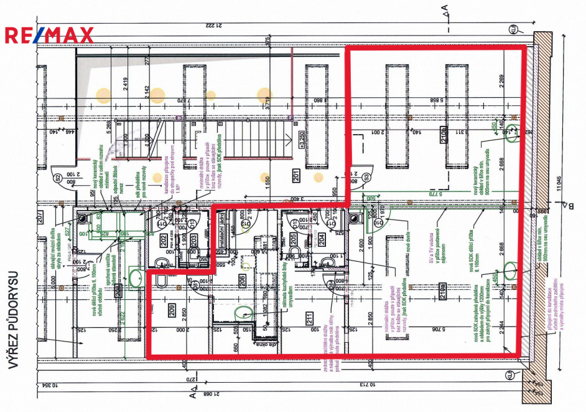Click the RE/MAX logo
click(x=49, y=35)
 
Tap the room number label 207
click(x=39, y=218)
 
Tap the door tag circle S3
click(x=365, y=176)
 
